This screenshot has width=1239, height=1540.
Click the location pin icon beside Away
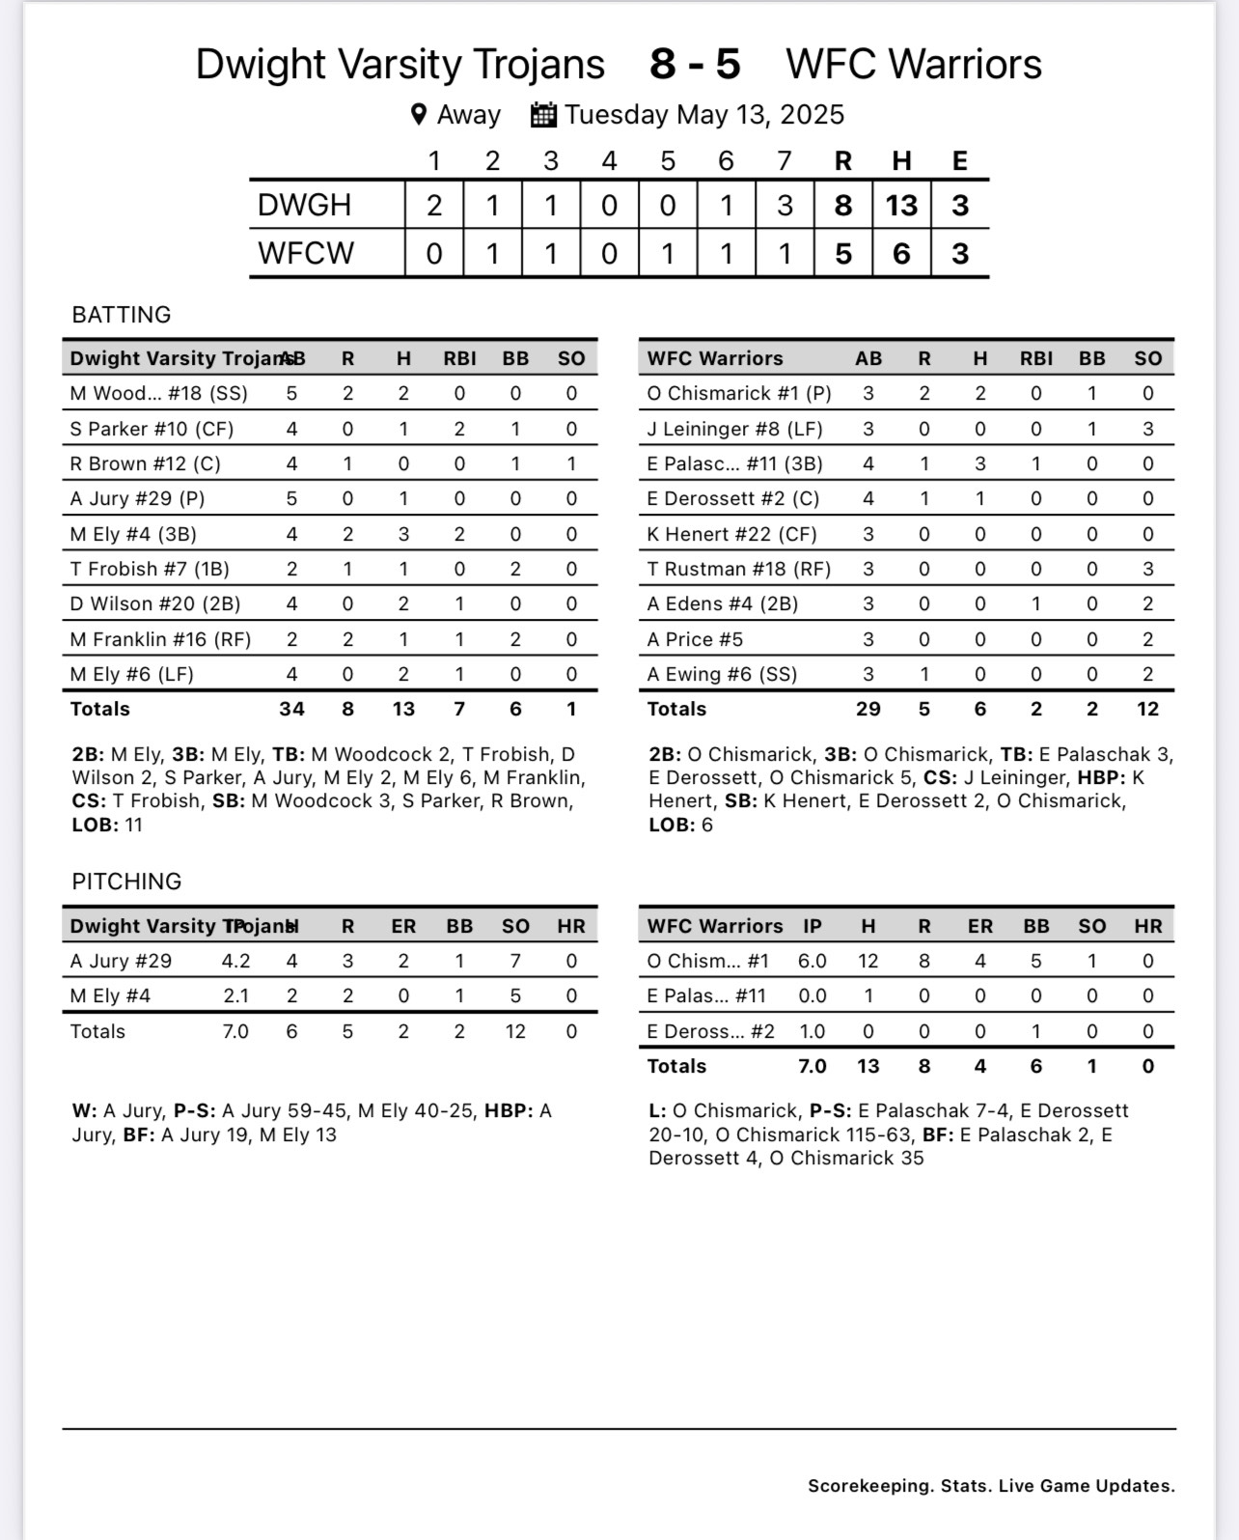click(x=419, y=115)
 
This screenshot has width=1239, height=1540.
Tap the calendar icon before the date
click(x=543, y=115)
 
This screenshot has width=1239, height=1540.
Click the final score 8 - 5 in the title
click(x=695, y=65)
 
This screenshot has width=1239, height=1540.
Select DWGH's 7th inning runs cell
click(x=785, y=205)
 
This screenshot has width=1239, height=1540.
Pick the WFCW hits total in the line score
click(x=901, y=253)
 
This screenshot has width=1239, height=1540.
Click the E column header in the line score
click(x=959, y=160)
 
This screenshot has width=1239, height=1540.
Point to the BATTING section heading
click(x=121, y=315)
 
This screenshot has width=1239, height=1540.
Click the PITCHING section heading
click(x=126, y=882)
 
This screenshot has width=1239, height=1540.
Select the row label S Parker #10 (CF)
click(x=151, y=429)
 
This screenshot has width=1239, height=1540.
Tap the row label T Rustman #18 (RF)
click(x=738, y=569)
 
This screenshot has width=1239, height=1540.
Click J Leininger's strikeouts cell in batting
click(x=1147, y=429)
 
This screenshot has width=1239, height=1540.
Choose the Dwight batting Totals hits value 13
click(x=403, y=709)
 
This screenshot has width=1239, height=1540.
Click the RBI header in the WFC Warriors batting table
click(x=1036, y=358)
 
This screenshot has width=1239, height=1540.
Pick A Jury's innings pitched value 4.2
click(x=235, y=961)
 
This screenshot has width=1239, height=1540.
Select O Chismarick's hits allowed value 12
click(x=868, y=961)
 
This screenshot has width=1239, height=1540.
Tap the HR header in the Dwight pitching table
click(x=571, y=926)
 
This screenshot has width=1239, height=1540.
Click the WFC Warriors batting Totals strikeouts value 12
click(x=1147, y=709)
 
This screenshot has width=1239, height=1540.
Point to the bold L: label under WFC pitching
click(x=657, y=1111)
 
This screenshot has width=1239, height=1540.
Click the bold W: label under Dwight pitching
click(x=84, y=1111)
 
